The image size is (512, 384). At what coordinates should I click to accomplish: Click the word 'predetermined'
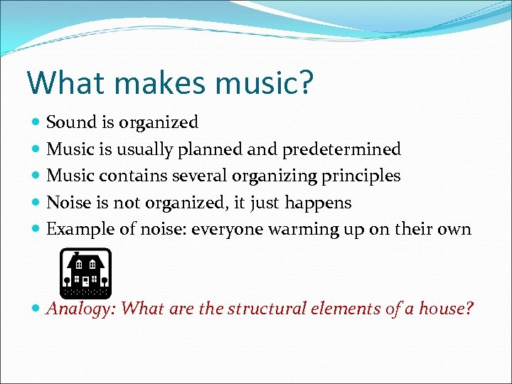tap(341, 149)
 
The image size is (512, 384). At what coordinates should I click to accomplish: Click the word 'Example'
tap(77, 229)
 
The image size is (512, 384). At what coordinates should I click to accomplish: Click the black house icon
tap(85, 272)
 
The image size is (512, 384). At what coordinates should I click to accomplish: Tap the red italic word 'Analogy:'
tap(80, 309)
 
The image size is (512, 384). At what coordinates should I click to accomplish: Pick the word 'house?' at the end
tap(447, 309)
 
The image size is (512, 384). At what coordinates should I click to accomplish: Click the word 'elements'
tap(347, 309)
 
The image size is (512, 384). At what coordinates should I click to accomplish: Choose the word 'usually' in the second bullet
tap(145, 149)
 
